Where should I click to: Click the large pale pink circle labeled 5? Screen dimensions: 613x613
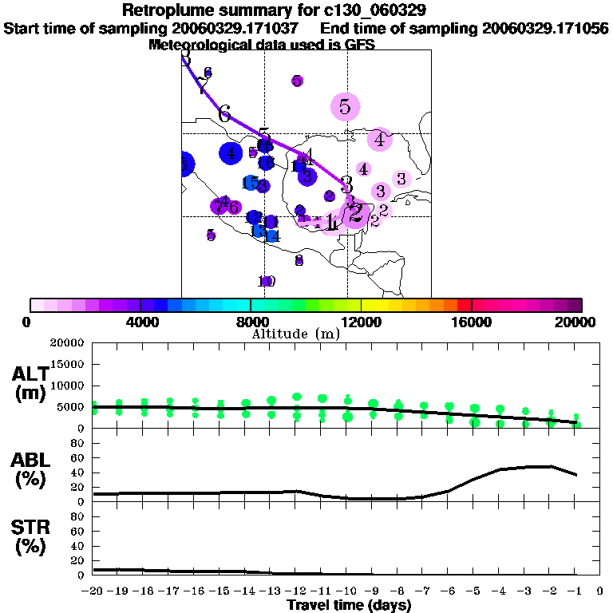coord(345,105)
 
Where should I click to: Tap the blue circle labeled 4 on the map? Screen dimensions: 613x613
coord(231,153)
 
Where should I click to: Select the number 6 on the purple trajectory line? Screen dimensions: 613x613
coord(224,113)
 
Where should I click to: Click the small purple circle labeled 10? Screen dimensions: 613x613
coord(267,281)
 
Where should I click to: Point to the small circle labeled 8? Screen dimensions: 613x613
coord(299,260)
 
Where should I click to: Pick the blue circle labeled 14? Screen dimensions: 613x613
coord(271,235)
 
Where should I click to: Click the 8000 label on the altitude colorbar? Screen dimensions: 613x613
coord(251,322)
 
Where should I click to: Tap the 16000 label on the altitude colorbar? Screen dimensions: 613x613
coord(472,322)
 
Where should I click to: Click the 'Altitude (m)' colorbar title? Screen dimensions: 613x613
coord(295,334)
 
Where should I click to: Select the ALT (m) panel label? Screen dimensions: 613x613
coord(30,382)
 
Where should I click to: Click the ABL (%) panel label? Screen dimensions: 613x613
coord(30,470)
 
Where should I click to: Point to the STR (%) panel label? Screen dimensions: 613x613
coord(30,537)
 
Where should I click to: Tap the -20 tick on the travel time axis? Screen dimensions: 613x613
coord(93,591)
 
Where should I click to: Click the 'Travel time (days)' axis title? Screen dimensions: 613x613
coord(349,606)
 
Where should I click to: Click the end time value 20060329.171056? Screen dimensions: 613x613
coord(545,29)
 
